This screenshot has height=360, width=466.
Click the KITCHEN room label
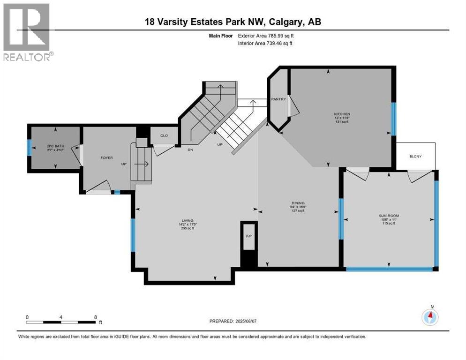click(x=342, y=114)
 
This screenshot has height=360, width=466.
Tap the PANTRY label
click(x=278, y=99)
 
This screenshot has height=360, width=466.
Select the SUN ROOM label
click(x=389, y=216)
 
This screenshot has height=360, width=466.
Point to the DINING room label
click(x=298, y=203)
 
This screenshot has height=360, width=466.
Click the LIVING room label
click(x=188, y=221)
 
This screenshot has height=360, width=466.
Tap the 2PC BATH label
click(x=54, y=146)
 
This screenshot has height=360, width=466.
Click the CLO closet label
click(x=164, y=135)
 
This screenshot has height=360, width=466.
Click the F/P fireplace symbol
click(x=248, y=236)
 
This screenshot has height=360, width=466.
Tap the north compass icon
click(x=430, y=316)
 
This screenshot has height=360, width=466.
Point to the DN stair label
click(x=191, y=150)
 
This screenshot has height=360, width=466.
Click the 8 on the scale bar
click(x=96, y=317)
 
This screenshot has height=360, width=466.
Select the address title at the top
click(x=233, y=22)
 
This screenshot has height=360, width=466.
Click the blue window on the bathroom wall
click(x=29, y=148)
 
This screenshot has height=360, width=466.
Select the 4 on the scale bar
click(x=61, y=317)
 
